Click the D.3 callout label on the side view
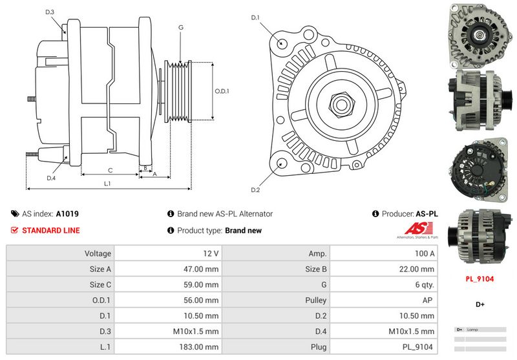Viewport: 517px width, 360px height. pyautogui.click(x=50, y=12)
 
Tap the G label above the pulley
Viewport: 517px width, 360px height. pyautogui.click(x=181, y=27)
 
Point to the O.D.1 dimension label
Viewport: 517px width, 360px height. pyautogui.click(x=222, y=91)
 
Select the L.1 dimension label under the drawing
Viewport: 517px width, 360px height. pyautogui.click(x=108, y=184)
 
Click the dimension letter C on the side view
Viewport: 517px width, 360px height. pyautogui.click(x=111, y=170)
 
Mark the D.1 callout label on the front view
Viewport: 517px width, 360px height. pyautogui.click(x=255, y=17)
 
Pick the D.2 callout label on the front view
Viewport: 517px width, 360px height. pyautogui.click(x=255, y=189)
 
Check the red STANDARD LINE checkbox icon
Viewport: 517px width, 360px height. pyautogui.click(x=15, y=230)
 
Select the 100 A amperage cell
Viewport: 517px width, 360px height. pyautogui.click(x=425, y=254)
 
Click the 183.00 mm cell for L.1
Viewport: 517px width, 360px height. pyautogui.click(x=203, y=348)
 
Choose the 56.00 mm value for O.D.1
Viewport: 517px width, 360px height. pyautogui.click(x=204, y=301)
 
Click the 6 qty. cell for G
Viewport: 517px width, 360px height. pyautogui.click(x=423, y=285)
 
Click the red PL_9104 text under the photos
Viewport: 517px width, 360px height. pyautogui.click(x=480, y=279)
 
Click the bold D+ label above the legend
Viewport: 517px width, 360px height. pyautogui.click(x=480, y=304)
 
